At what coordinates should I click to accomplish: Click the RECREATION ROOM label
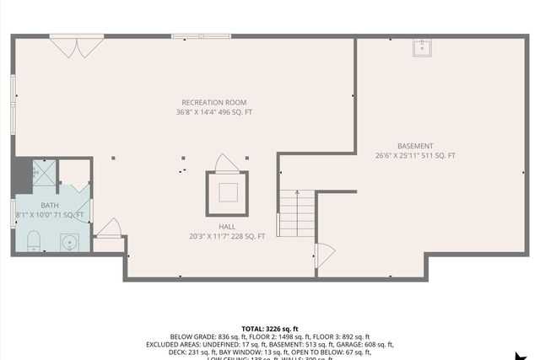coord(213,102)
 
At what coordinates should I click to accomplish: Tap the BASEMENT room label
coord(415,146)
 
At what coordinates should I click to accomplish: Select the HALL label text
coord(227,227)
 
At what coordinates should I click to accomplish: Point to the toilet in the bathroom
coord(34,240)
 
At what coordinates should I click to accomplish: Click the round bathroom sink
coord(70,243)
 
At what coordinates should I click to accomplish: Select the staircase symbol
coord(292,212)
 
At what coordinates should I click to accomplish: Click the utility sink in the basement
coord(422,47)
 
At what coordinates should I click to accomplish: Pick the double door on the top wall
coord(76,45)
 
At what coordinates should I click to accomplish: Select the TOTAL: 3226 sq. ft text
coord(270,328)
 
